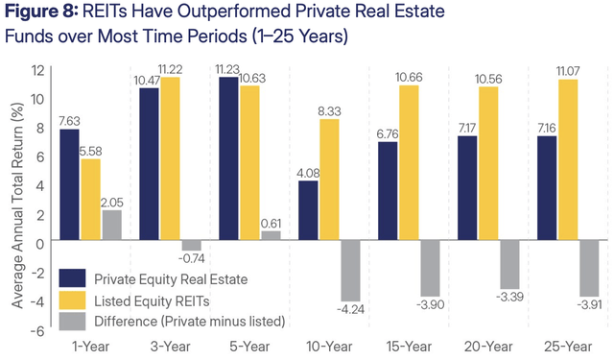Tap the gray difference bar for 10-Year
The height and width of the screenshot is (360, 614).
pyautogui.click(x=351, y=272)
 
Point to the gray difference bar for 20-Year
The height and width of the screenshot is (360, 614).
pyautogui.click(x=509, y=266)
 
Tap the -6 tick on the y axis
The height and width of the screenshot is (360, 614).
pyautogui.click(x=35, y=330)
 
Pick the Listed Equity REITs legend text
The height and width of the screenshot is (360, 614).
pyautogui.click(x=154, y=300)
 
